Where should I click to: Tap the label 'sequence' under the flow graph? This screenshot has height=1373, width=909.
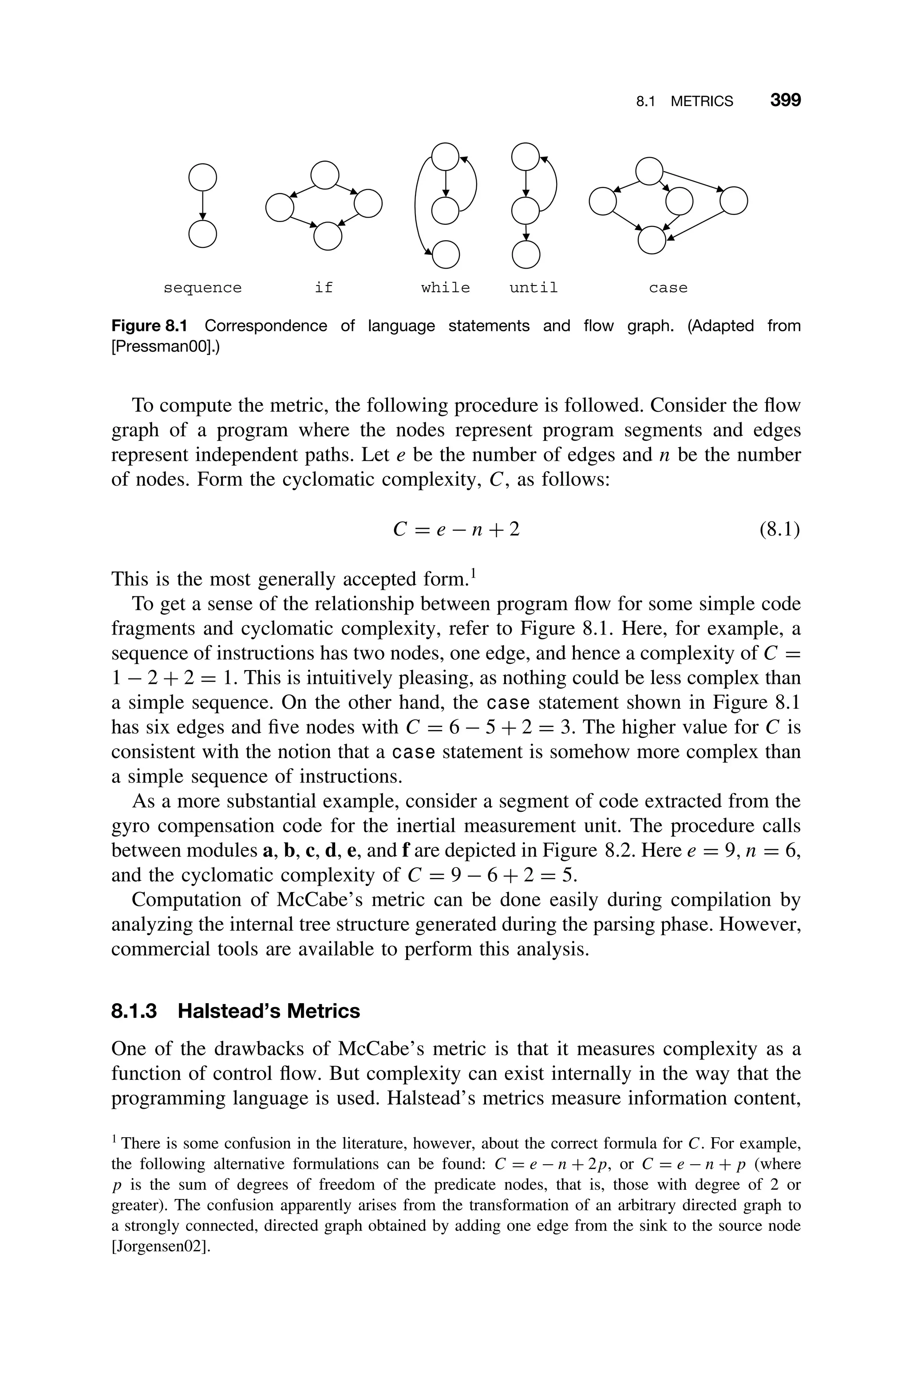pyautogui.click(x=202, y=288)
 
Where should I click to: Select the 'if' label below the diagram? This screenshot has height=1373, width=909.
pyautogui.click(x=324, y=288)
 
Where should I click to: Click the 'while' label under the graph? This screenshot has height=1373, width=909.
pyautogui.click(x=445, y=288)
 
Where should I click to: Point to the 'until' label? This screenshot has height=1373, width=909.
pyautogui.click(x=534, y=288)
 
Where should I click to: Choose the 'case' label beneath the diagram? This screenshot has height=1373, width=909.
pyautogui.click(x=668, y=288)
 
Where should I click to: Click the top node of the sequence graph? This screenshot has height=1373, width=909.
pyautogui.click(x=202, y=178)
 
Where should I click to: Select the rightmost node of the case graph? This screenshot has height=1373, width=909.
pyautogui.click(x=733, y=201)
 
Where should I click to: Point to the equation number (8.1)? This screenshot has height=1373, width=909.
pyautogui.click(x=779, y=529)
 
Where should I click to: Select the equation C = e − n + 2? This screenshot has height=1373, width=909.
pyautogui.click(x=456, y=529)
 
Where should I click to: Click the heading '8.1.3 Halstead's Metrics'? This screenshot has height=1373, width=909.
pyautogui.click(x=235, y=1011)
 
